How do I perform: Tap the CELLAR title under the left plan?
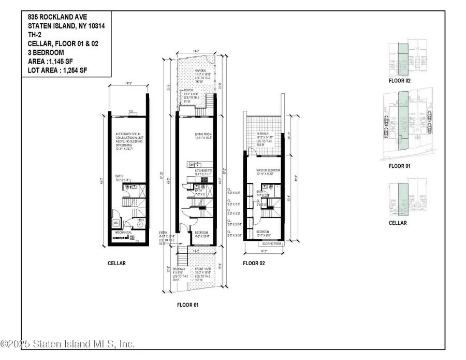click(116, 263)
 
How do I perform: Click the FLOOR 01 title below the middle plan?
click(188, 305)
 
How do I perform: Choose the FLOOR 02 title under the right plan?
click(254, 264)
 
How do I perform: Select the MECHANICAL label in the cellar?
click(124, 233)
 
